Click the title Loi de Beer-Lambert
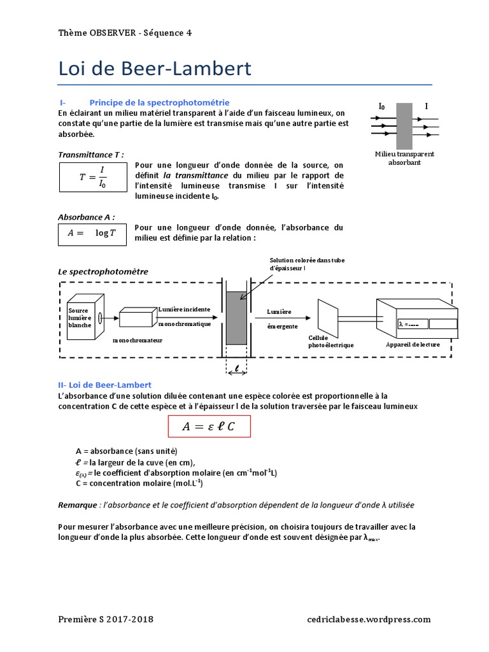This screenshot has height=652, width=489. pos(155,69)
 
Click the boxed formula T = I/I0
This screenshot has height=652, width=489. pos(93,178)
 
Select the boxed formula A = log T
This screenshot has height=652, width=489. pos(93,233)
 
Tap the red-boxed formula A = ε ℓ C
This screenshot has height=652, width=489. pos(209,426)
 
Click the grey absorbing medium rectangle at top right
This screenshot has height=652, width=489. pos(404,126)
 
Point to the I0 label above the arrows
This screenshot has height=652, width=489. pos(381,106)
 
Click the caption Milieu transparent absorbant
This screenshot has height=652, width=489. pos(404,159)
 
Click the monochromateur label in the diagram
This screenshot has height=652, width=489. pos(138,340)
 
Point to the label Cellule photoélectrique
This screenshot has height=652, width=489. pos(330,341)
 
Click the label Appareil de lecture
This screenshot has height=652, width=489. pos(413,344)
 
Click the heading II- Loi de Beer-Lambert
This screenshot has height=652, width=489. pos(104,385)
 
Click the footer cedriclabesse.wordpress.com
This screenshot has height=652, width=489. pos(369,619)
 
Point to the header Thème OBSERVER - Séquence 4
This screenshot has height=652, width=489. pos(124,32)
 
